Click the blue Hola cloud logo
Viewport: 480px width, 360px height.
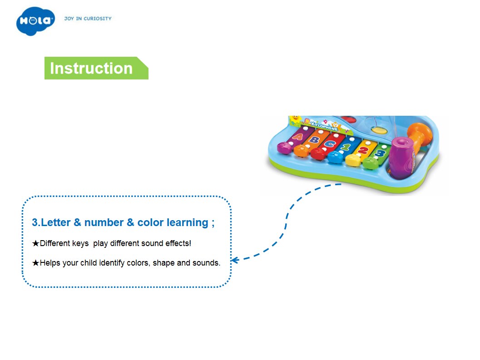[35, 21]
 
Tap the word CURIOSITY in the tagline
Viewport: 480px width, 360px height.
[98, 19]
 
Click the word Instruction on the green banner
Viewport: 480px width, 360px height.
[91, 68]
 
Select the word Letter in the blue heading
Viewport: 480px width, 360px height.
[56, 222]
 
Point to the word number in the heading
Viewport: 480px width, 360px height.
[104, 222]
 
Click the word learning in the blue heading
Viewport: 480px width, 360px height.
[188, 223]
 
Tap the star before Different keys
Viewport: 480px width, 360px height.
[35, 243]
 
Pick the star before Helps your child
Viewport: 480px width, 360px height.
[35, 263]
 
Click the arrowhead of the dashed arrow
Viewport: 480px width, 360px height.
[234, 260]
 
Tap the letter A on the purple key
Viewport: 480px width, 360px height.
[297, 136]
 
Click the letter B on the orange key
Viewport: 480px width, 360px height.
[313, 140]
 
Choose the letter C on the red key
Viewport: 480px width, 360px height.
[329, 143]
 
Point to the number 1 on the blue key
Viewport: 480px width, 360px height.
[346, 147]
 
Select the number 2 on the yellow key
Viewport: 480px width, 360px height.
[363, 150]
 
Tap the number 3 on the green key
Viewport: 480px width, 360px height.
[380, 153]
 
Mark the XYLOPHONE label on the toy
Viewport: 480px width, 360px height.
[324, 125]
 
